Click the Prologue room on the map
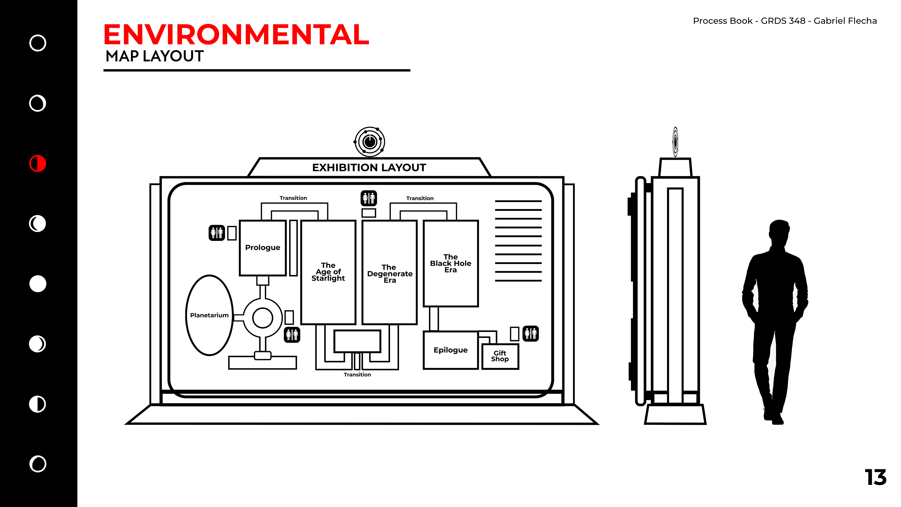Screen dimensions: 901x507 [x=263, y=248]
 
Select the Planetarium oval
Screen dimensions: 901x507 [x=209, y=315]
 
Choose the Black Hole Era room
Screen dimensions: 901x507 [x=450, y=263]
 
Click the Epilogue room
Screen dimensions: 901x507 [x=450, y=350]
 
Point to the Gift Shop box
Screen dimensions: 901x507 [x=500, y=356]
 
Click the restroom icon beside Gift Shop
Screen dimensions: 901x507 [x=531, y=334]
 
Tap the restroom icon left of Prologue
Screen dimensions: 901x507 [x=217, y=233]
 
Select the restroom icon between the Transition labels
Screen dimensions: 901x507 [x=369, y=198]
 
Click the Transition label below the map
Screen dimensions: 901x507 [x=357, y=375]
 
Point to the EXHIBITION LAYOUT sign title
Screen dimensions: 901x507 [x=369, y=168]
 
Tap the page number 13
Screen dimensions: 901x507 [x=875, y=477]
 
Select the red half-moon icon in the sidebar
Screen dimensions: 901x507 [x=38, y=163]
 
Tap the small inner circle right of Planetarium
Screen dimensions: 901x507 [x=262, y=318]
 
